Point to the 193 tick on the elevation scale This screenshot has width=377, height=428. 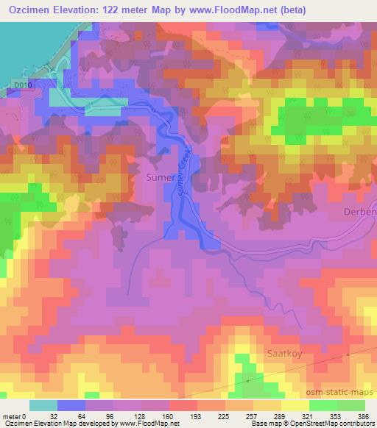pyautogui.click(x=196, y=415)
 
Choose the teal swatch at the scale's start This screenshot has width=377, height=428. pyautogui.click(x=43, y=405)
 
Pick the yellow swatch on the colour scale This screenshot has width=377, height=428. pyautogui.click(x=295, y=405)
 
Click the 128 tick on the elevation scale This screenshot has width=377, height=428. pyautogui.click(x=139, y=415)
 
